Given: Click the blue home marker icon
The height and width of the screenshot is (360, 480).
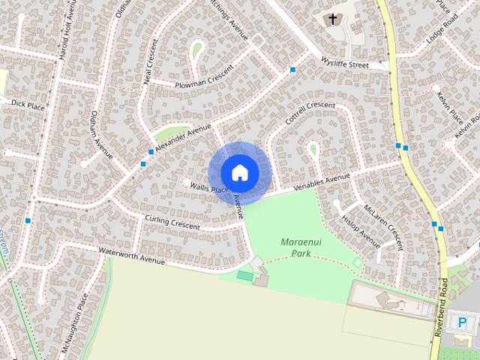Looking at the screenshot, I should point(239,172).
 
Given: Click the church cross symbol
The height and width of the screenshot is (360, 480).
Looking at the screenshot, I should point(332,19).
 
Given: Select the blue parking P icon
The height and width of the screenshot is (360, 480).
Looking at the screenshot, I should point(462,323).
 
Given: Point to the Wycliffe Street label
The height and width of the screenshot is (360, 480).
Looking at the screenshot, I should point(344,61).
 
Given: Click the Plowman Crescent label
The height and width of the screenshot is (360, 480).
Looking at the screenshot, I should point(201,79).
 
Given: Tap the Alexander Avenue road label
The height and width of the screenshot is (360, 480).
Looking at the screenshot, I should point(183,136).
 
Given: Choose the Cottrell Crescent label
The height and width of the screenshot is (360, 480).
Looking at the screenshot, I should point(310,113).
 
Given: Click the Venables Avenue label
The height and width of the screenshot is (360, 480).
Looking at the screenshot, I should point(322,181).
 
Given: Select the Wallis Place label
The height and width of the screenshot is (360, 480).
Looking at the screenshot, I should point(208,187).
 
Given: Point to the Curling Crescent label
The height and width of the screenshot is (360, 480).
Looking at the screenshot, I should point(172,222).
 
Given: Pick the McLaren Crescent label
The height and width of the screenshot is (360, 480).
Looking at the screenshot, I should point(383,225).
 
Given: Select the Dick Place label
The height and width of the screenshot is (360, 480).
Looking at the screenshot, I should point(28,104).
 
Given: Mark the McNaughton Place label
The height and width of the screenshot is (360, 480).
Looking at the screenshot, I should point(75,326).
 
